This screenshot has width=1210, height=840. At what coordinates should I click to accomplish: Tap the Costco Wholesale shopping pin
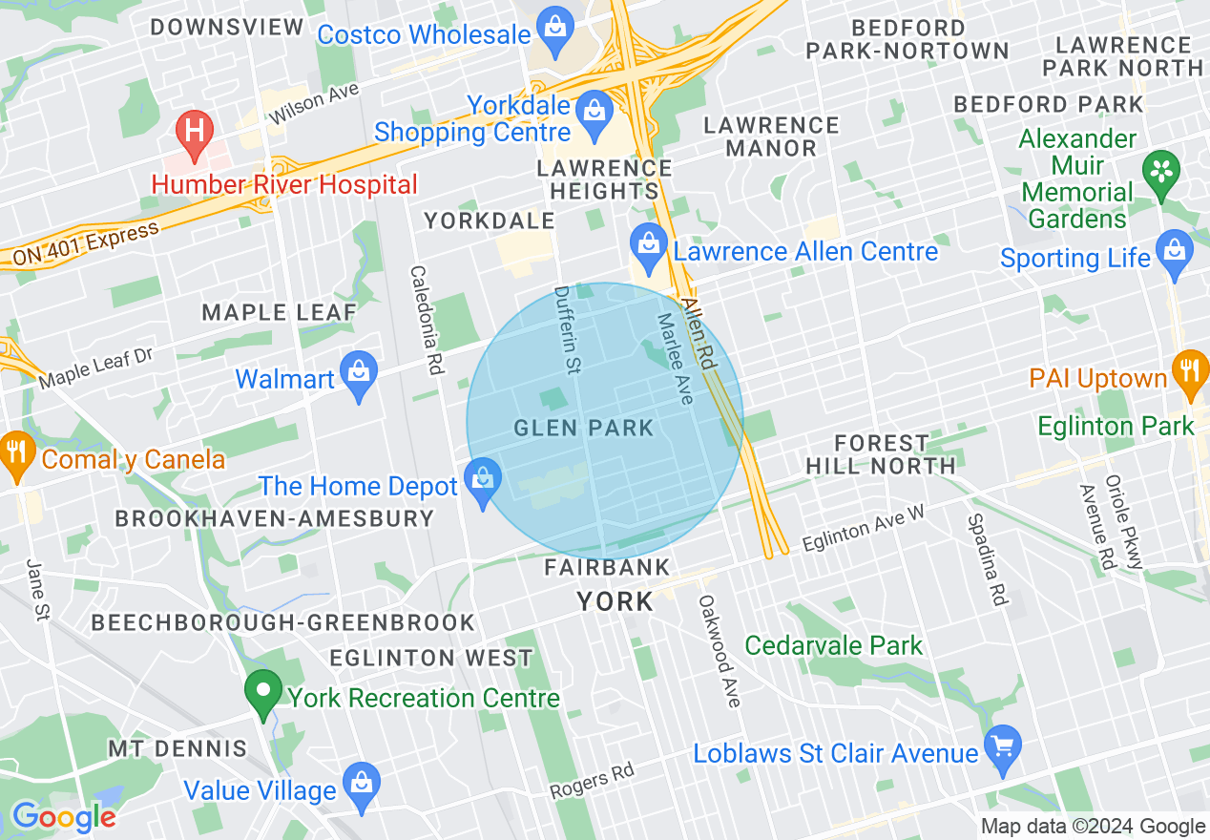[x=555, y=29]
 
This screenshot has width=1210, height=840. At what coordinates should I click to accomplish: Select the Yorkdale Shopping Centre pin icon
[x=595, y=110]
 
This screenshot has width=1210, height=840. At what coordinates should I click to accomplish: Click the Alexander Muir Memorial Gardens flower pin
[x=1161, y=172]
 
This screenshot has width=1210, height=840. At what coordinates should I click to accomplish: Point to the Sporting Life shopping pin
[x=1175, y=252]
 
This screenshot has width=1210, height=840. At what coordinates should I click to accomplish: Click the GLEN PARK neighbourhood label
[x=584, y=428]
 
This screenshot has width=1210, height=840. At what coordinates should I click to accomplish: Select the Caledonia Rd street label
[x=427, y=318]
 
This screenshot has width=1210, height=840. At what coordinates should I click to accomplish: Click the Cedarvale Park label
[x=833, y=645]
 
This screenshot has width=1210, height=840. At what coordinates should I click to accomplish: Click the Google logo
[x=63, y=817]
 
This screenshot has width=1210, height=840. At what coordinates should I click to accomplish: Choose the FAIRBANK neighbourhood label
[x=607, y=568]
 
